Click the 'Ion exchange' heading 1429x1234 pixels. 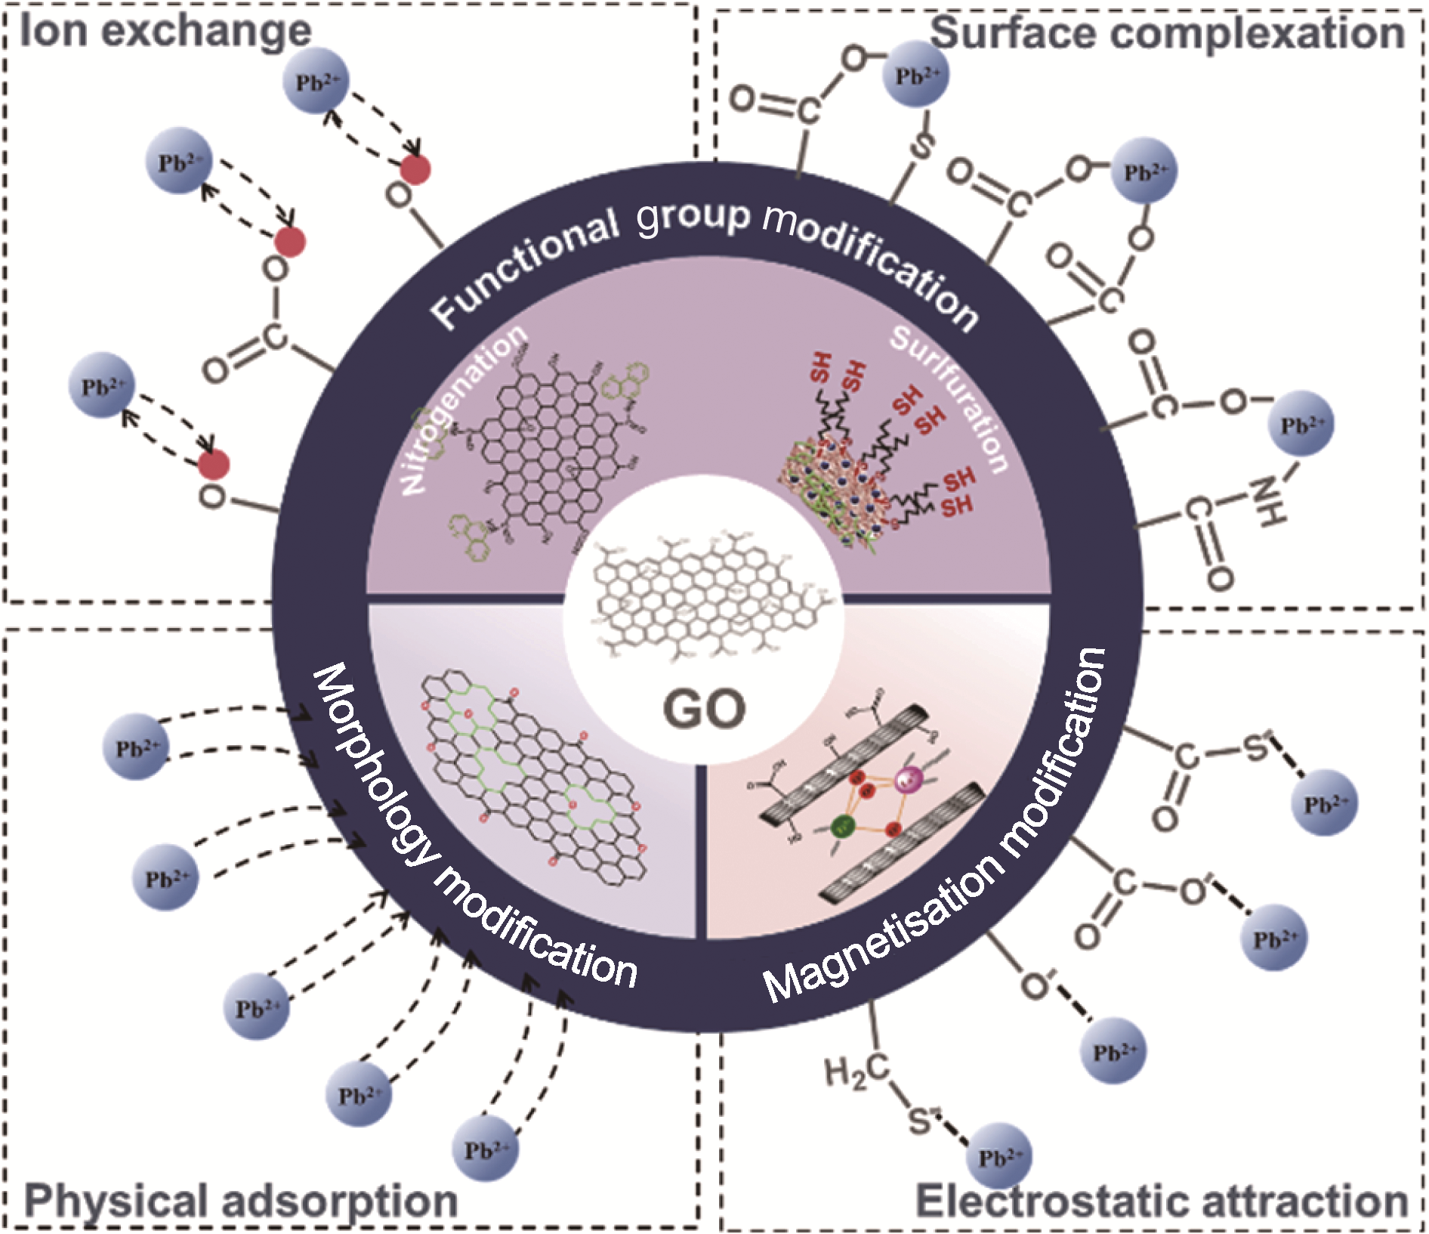coord(165,32)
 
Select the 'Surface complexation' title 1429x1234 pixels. coord(1167,33)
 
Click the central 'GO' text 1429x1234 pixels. coord(704,709)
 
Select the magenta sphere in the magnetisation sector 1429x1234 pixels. coord(907,778)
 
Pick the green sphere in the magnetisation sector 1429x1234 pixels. coord(843,826)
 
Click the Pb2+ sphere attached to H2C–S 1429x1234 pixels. coord(999,1156)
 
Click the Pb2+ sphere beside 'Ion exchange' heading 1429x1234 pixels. coord(316,81)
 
